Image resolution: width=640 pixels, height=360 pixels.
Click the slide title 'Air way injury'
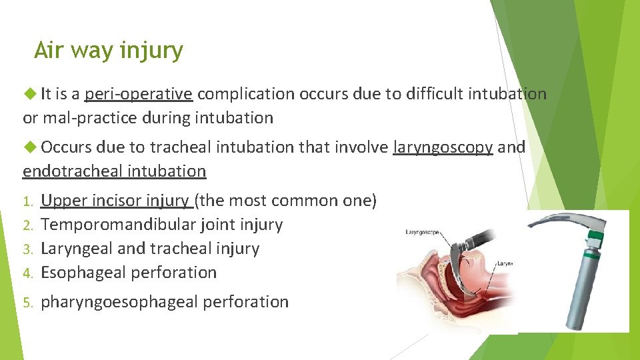(108, 51)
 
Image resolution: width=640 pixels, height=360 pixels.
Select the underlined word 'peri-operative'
(139, 94)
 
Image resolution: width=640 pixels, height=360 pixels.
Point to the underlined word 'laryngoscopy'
(443, 147)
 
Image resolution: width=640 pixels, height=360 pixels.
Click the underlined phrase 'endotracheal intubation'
(115, 171)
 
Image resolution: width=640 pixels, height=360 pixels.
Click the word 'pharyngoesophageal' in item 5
(119, 302)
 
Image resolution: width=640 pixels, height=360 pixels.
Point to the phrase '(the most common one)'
(285, 200)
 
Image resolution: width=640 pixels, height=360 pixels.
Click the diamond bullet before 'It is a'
(30, 94)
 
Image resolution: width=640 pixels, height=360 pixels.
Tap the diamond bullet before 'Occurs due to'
(30, 147)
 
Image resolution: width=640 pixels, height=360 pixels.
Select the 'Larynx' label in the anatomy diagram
(504, 263)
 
